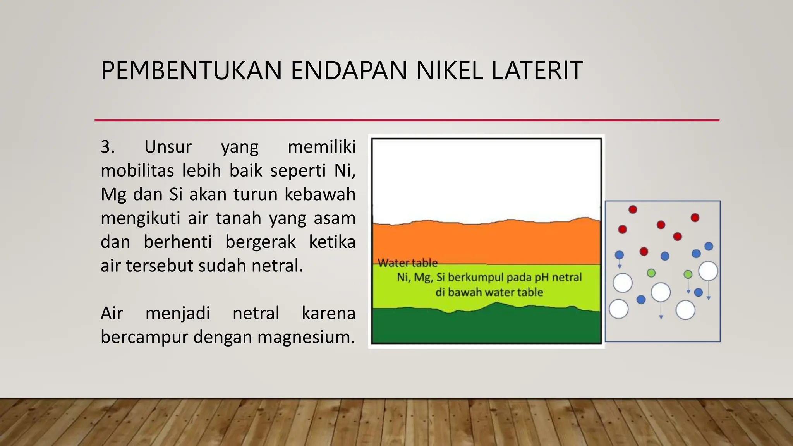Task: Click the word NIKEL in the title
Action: pyautogui.click(x=449, y=71)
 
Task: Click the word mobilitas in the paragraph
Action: pyautogui.click(x=137, y=171)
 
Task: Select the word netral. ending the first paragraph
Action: pyautogui.click(x=277, y=266)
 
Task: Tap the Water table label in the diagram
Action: pyautogui.click(x=407, y=263)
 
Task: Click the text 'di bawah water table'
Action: pyautogui.click(x=489, y=292)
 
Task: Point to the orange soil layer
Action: pyautogui.click(x=486, y=244)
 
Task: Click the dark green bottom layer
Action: pyautogui.click(x=486, y=327)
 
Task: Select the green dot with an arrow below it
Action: pyautogui.click(x=688, y=274)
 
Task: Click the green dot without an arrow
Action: pyautogui.click(x=651, y=273)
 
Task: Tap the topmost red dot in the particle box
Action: pyautogui.click(x=633, y=209)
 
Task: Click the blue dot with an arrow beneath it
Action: pyautogui.click(x=619, y=255)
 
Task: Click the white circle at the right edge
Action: pyautogui.click(x=708, y=271)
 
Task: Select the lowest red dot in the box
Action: pyautogui.click(x=644, y=252)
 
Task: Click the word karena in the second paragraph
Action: pyautogui.click(x=328, y=313)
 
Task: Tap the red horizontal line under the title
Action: pyautogui.click(x=407, y=120)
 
